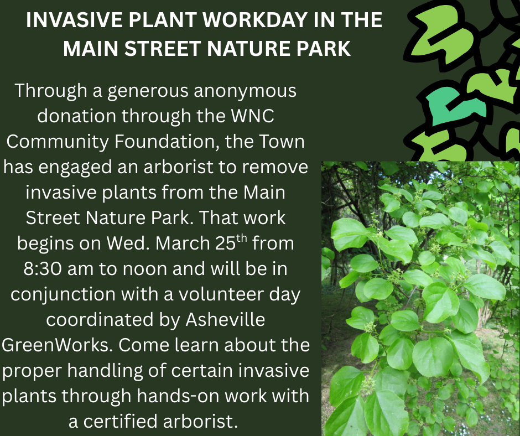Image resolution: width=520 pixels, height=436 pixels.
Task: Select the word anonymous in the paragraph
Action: pyautogui.click(x=245, y=91)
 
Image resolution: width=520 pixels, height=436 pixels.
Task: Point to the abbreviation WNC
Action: pyautogui.click(x=252, y=116)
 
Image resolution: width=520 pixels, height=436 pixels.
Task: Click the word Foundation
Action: pyautogui.click(x=167, y=141)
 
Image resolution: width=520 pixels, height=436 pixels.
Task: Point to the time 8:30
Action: pyautogui.click(x=43, y=269)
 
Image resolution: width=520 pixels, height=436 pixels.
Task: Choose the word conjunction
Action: pyautogui.click(x=63, y=295)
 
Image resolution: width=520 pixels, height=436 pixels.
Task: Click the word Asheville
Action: pyautogui.click(x=226, y=320)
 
